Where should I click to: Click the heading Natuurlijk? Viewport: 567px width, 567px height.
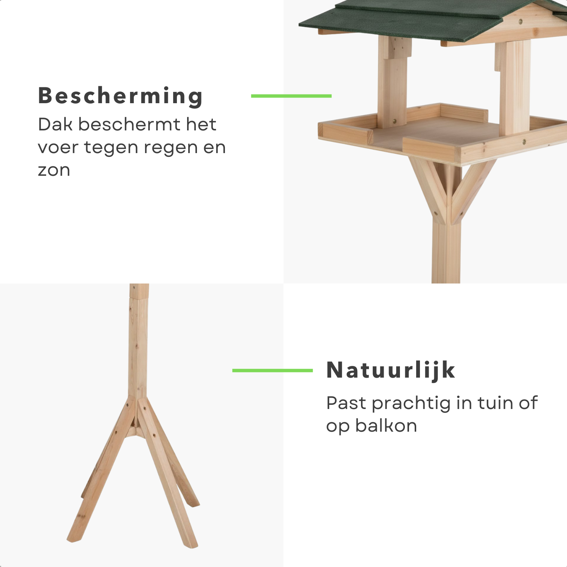(x=391, y=370)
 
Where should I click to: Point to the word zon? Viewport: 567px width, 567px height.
(x=54, y=170)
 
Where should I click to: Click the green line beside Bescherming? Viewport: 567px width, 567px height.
(x=291, y=96)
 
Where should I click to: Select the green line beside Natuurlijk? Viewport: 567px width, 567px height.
(x=273, y=370)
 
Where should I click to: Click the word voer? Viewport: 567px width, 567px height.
(x=58, y=148)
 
